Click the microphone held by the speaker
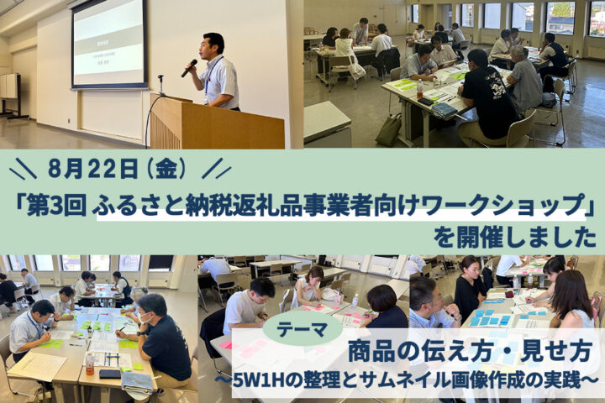(189, 68)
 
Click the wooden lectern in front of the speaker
(216, 123)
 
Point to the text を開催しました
(515, 238)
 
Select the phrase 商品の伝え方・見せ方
(470, 352)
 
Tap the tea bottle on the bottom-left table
(90, 364)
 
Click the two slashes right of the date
(217, 168)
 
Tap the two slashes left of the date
(23, 168)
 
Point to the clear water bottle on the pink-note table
(355, 301)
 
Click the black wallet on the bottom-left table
(110, 374)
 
